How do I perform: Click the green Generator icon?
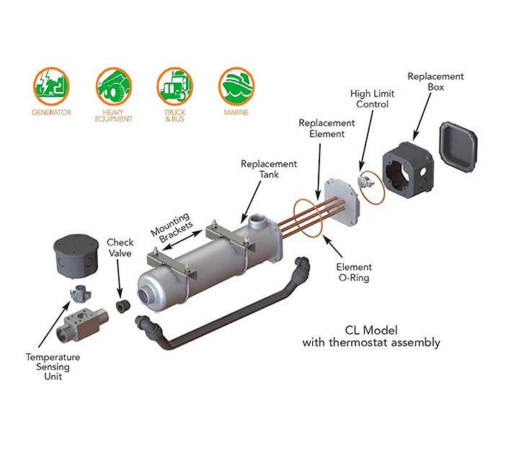[x=50, y=86]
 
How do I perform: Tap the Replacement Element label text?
[x=327, y=128]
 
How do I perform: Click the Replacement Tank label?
[x=269, y=168]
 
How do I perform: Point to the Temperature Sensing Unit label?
[x=53, y=366]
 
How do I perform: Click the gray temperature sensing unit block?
[x=81, y=323]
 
